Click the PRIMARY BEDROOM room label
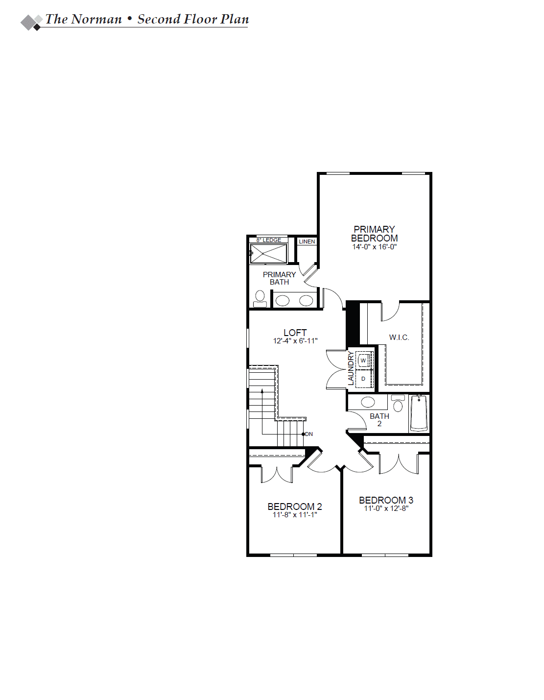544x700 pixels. point(374,234)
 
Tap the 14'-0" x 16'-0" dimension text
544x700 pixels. point(375,247)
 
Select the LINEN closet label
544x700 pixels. point(307,241)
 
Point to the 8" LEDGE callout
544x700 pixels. point(269,240)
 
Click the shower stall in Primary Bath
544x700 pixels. point(268,254)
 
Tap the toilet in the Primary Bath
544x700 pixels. point(260,299)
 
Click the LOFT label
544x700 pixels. point(295,333)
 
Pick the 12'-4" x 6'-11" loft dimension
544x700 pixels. point(295,341)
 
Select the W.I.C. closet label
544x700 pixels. point(399,338)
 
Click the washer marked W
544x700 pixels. point(363,361)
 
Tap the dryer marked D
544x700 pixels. point(363,379)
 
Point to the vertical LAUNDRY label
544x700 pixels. point(351,368)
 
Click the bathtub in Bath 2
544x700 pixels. point(419,413)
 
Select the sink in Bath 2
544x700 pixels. point(368,402)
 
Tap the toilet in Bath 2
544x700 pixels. point(398,403)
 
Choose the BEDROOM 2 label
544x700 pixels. point(295,507)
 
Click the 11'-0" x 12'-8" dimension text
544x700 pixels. point(386,508)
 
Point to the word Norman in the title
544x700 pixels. point(96,19)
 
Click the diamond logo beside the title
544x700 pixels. point(31,22)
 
